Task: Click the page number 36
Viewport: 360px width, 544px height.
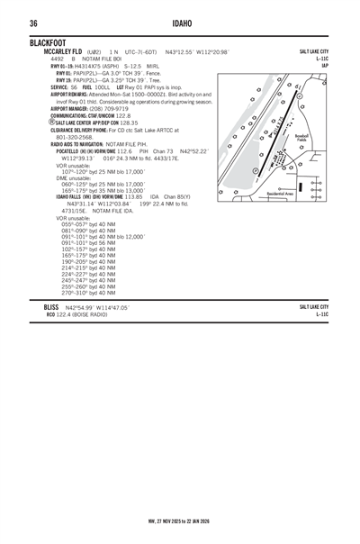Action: tap(32, 23)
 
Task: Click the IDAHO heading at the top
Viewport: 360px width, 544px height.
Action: tap(180, 23)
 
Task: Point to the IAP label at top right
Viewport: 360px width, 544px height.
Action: tap(324, 65)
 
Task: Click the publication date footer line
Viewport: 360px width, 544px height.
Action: tap(180, 520)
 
